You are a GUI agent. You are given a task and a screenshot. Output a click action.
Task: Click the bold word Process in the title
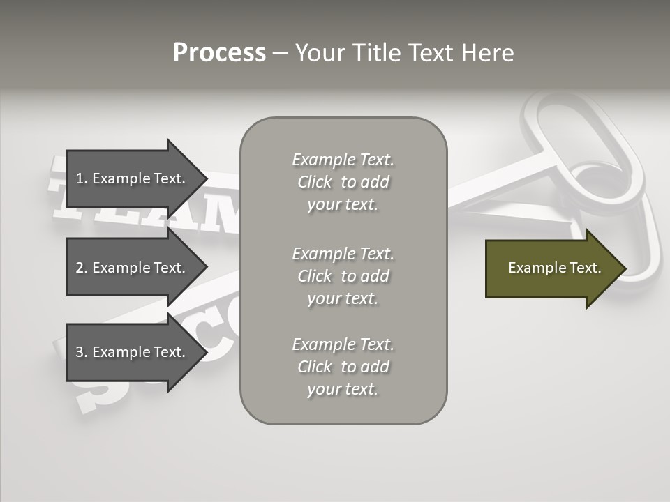[x=219, y=53]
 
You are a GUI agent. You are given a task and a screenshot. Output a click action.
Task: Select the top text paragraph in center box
[x=343, y=182]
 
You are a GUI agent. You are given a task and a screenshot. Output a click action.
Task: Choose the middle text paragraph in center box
[x=343, y=276]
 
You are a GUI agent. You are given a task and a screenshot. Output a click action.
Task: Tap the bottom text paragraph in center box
[x=343, y=367]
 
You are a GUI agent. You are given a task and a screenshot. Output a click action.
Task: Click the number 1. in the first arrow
[x=82, y=178]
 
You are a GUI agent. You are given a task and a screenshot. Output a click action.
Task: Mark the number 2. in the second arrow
[x=82, y=268]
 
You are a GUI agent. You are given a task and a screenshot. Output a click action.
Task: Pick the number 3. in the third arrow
[x=82, y=352]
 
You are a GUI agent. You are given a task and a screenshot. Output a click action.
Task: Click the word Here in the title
[x=488, y=53]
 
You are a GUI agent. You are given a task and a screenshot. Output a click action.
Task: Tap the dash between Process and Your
[x=280, y=54]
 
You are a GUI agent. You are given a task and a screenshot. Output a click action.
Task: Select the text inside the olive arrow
[x=554, y=268]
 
